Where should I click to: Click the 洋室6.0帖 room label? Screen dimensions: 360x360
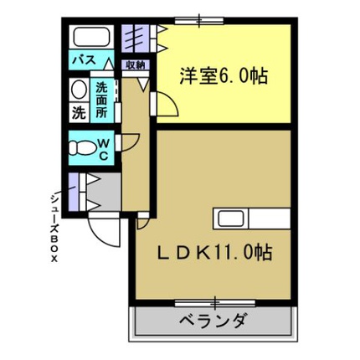tap(224, 76)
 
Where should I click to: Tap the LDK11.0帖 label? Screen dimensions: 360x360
tap(214, 252)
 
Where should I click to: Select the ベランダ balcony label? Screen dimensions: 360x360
tap(213, 321)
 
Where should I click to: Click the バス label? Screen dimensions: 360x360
tap(85, 59)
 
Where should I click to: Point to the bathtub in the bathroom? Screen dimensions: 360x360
tap(91, 37)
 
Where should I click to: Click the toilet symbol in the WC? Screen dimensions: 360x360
tap(82, 147)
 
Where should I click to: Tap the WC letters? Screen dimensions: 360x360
tap(103, 151)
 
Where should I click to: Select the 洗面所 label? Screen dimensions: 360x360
tap(101, 100)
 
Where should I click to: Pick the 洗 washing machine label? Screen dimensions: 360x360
tap(79, 112)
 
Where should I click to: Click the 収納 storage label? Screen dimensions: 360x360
tap(136, 65)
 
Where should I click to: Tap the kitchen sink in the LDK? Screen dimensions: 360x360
tap(230, 219)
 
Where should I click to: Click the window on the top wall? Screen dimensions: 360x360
tap(199, 21)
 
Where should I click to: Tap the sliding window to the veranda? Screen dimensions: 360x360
tap(215, 303)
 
